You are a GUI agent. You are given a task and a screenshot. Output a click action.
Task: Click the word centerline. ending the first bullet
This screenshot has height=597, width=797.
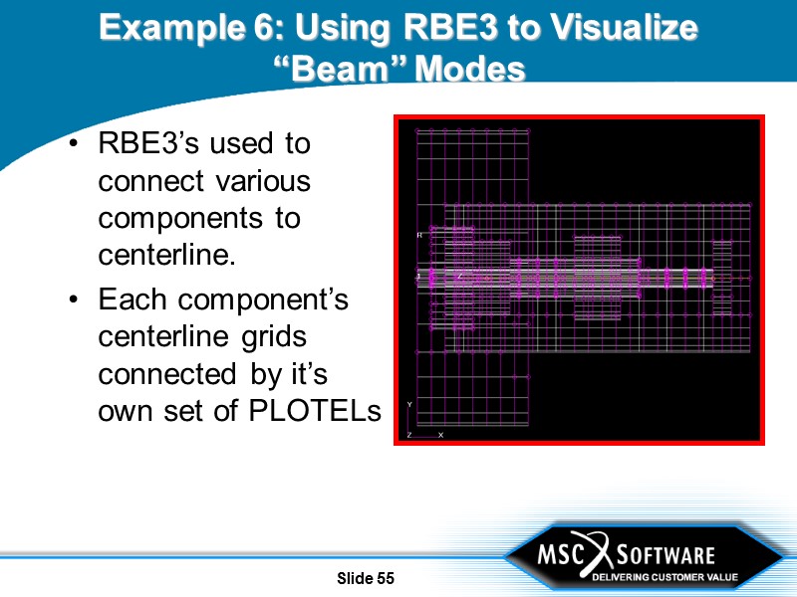pyautogui.click(x=166, y=255)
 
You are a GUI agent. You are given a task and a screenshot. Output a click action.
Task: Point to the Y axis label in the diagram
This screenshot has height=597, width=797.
pyautogui.click(x=409, y=404)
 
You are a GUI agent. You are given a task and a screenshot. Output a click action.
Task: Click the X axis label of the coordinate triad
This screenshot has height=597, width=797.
pyautogui.click(x=440, y=435)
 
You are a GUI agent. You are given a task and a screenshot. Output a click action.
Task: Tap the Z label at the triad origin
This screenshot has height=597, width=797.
pyautogui.click(x=409, y=435)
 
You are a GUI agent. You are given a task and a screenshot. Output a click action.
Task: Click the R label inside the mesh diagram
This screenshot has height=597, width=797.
pyautogui.click(x=418, y=235)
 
